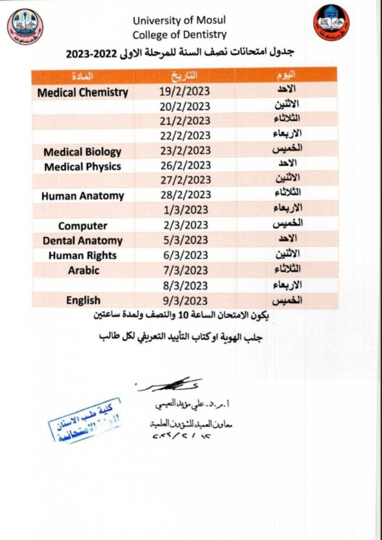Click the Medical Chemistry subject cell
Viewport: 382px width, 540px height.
83,93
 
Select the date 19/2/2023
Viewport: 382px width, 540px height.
185,92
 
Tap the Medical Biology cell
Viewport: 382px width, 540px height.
82,152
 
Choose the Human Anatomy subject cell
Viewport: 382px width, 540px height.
82,196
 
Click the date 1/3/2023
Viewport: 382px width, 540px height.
185,211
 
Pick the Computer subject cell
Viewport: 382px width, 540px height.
82,226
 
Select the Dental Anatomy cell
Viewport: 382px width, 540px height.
82,241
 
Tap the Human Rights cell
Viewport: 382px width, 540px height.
82,256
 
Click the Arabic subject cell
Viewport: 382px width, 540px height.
83,271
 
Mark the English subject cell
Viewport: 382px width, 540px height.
83,301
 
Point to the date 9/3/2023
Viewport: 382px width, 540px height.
185,301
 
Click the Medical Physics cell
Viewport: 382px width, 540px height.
82,167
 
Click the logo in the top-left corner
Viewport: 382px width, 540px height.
25,26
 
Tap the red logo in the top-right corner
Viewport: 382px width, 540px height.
332,23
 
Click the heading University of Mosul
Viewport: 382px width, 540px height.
179,21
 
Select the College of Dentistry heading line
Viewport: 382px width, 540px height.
179,35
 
